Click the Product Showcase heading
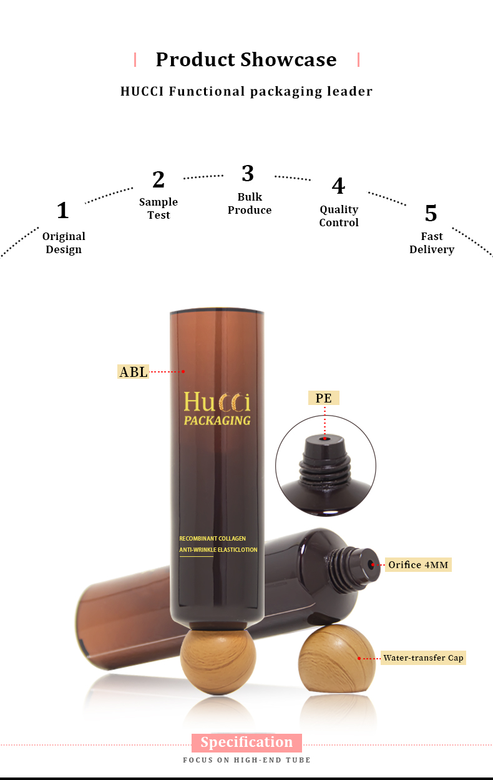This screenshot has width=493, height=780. [x=246, y=59]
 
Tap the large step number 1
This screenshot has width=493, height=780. [x=62, y=211]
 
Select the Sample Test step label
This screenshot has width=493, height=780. [x=159, y=208]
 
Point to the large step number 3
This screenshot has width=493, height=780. [x=248, y=173]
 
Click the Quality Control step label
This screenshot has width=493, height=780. [x=339, y=216]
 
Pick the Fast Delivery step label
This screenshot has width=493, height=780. [x=431, y=242]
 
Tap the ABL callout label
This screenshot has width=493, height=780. [x=134, y=372]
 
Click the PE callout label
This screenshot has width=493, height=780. [x=324, y=398]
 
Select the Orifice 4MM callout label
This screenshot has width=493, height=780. [x=417, y=565]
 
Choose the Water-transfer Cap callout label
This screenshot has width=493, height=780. [x=423, y=658]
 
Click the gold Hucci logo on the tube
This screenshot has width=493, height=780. [x=217, y=401]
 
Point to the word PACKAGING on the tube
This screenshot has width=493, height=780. [x=217, y=420]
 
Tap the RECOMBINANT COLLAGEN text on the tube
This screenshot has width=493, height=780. [x=213, y=538]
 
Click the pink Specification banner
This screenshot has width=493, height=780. [x=246, y=742]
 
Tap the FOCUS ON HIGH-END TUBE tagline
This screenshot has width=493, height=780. [x=246, y=760]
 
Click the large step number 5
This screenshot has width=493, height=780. [x=431, y=214]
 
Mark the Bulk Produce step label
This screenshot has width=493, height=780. [x=250, y=204]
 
